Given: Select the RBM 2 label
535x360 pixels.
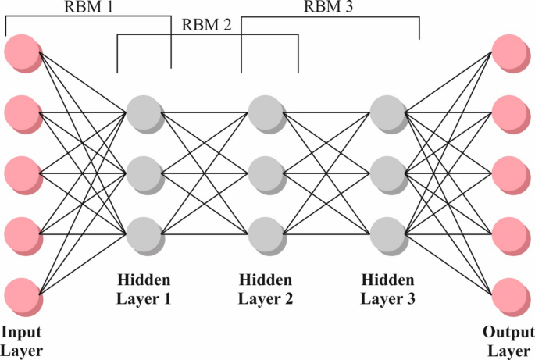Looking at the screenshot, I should click(207, 24).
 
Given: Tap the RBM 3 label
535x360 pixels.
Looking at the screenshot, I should click(330, 8).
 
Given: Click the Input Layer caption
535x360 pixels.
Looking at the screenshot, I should click(22, 341).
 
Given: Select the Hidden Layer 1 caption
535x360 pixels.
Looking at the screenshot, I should click(144, 288).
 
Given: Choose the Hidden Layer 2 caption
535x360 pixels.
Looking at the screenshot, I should click(266, 288).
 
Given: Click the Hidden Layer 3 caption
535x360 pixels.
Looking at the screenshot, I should click(389, 288).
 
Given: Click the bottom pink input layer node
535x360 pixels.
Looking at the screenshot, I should click(21, 294).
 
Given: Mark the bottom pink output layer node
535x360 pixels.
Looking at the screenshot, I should click(509, 294).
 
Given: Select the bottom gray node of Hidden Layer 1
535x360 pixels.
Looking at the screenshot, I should click(143, 233).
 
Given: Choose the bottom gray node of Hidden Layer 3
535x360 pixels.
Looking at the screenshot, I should click(387, 233).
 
